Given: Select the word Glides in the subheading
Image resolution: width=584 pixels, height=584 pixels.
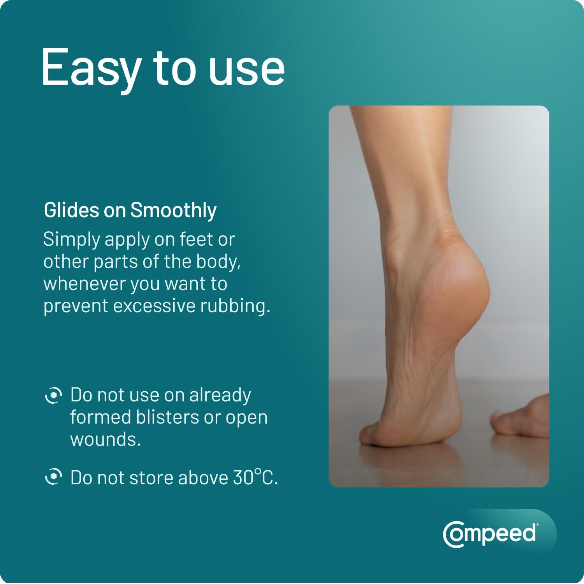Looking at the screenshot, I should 71,210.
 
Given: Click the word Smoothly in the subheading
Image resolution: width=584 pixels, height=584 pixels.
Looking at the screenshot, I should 173,211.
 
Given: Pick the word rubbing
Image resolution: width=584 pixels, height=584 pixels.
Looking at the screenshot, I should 234,306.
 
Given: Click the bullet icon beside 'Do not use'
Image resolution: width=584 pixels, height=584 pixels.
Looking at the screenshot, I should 53,396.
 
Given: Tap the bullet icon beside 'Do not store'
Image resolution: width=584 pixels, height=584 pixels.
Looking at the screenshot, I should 53,477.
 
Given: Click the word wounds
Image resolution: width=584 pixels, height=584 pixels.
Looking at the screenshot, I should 105,440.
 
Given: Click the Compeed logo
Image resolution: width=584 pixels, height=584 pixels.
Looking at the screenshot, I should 491,534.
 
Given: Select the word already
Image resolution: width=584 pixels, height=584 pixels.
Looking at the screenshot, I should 220,396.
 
